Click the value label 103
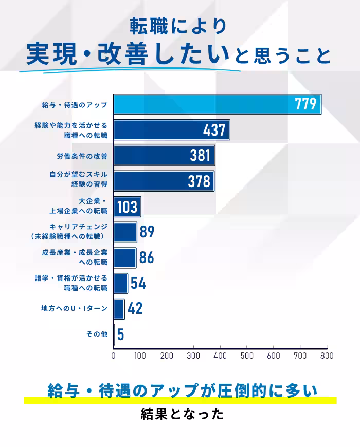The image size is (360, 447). (x=127, y=207)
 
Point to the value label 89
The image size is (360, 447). (x=147, y=232)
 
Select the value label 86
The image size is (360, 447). (x=147, y=257)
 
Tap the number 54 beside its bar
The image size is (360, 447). (x=138, y=283)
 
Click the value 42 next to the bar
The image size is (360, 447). (x=135, y=309)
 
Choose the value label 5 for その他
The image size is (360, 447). (x=120, y=334)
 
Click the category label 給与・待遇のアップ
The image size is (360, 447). (x=75, y=105)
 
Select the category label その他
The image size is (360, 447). (x=97, y=334)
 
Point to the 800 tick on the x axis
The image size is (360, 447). (x=327, y=356)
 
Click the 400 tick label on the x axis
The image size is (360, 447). (x=220, y=356)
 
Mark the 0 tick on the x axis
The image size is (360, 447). (x=114, y=356)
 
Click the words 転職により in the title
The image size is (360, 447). (x=177, y=26)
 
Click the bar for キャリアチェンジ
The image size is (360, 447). (x=125, y=232)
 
